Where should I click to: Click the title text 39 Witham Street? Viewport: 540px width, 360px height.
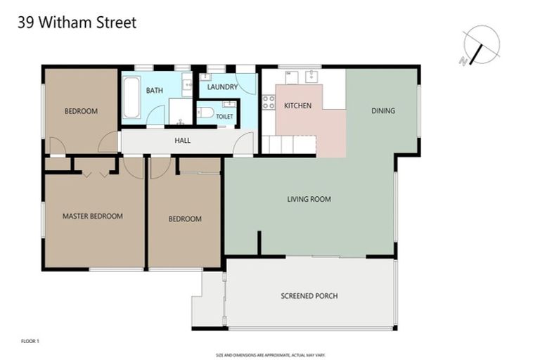point(76,22)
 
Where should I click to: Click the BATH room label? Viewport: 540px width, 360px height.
point(155,91)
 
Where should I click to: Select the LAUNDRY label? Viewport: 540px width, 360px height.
point(222,87)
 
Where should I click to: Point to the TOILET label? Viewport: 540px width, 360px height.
point(224,116)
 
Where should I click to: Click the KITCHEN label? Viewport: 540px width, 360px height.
point(297,105)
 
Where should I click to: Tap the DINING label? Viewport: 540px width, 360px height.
point(383,110)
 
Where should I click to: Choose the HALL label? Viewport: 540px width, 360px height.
point(182,141)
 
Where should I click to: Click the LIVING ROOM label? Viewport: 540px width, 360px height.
point(309,199)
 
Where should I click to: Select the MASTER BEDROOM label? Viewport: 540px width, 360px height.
point(92,216)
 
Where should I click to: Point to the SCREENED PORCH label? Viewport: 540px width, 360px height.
point(309,296)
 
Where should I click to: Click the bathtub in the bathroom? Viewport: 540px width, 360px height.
point(131,98)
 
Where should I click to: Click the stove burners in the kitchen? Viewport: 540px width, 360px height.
point(268,102)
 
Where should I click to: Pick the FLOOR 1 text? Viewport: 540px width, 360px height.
point(30,341)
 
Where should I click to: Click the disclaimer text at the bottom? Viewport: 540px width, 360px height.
point(270,355)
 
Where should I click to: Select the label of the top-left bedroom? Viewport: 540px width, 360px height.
point(81,111)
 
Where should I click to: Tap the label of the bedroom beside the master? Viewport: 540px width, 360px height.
point(185,219)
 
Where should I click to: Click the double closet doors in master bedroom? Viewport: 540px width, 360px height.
point(95,167)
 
